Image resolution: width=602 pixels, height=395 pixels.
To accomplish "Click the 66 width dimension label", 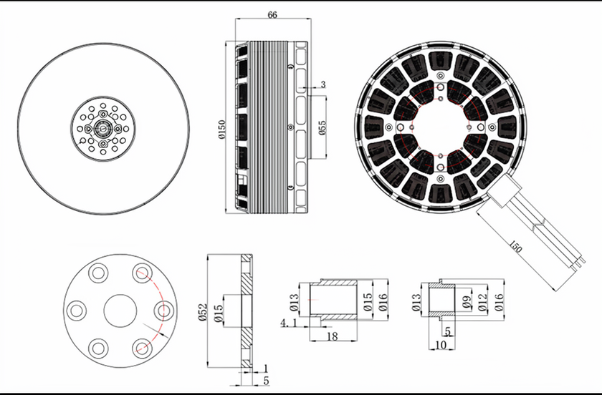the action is pyautogui.click(x=272, y=15).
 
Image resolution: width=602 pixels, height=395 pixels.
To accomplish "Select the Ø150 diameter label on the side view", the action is pyautogui.click(x=222, y=130).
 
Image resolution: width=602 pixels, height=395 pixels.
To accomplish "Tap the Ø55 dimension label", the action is pyautogui.click(x=322, y=127).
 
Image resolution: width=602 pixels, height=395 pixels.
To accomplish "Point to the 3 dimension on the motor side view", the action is pyautogui.click(x=323, y=84).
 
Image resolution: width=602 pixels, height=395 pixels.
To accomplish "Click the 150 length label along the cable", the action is pyautogui.click(x=515, y=247).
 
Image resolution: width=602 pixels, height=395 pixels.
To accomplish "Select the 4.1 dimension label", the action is pyautogui.click(x=288, y=323).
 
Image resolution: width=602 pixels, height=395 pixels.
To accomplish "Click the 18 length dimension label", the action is pyautogui.click(x=332, y=336).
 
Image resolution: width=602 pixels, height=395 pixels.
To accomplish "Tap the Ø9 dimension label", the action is pyautogui.click(x=467, y=302).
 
